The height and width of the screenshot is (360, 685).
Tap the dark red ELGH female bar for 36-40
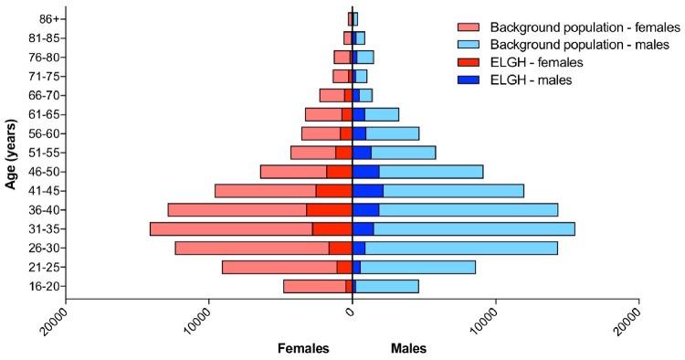[329, 210]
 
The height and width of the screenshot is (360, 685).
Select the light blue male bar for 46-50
[430, 172]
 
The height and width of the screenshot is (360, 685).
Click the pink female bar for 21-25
[279, 268]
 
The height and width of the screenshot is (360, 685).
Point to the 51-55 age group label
[41, 153]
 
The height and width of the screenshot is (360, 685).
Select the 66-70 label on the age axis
[41, 95]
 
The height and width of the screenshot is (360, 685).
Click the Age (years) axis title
[12, 153]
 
